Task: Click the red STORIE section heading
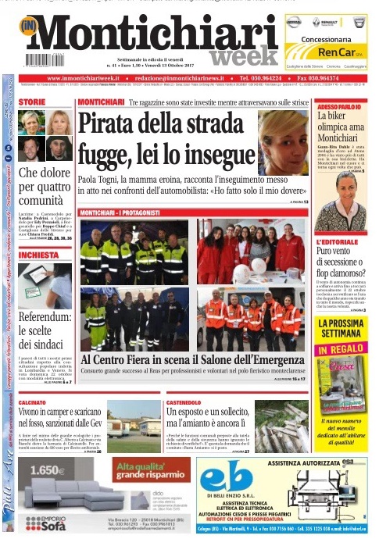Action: [x=32, y=102]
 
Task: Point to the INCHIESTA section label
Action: [x=39, y=255]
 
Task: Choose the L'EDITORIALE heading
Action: [x=337, y=243]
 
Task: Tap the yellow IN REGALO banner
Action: [x=342, y=348]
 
